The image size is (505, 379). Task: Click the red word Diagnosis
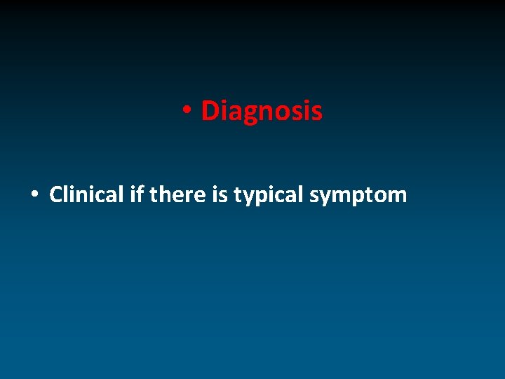point(262,111)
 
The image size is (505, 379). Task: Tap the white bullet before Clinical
point(34,194)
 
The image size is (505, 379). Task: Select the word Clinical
point(87,194)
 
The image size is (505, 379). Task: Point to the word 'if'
point(137,194)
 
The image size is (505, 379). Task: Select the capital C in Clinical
point(56,194)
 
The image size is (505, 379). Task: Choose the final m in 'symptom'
point(397,196)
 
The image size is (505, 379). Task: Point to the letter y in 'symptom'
point(326,197)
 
